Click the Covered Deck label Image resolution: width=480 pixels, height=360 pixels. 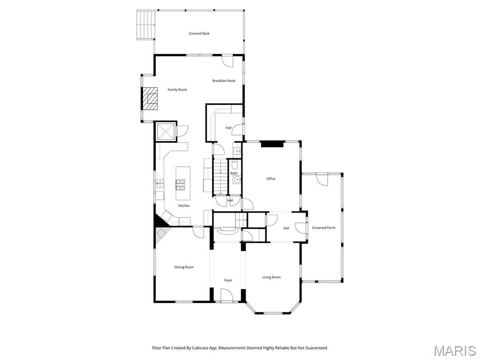199,34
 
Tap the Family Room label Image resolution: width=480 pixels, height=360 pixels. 177,90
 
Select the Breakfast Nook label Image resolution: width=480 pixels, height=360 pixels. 224,81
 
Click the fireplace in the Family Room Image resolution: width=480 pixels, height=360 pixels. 151,98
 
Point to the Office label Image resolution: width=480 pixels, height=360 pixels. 271,179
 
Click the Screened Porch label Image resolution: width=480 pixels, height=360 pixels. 323,228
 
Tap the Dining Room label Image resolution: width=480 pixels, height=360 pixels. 184,267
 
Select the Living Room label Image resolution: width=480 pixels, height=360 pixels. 271,277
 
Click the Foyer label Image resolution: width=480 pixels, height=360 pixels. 228,280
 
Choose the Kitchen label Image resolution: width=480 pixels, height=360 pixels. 184,206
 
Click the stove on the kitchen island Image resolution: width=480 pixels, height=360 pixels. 181,184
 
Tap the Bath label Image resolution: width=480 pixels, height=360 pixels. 234,173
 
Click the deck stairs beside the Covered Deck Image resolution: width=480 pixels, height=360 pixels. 146,24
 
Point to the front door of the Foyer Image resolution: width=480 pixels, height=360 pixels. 227,296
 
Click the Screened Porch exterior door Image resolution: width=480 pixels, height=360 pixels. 322,179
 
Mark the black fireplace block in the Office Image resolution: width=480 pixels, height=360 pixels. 272,144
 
